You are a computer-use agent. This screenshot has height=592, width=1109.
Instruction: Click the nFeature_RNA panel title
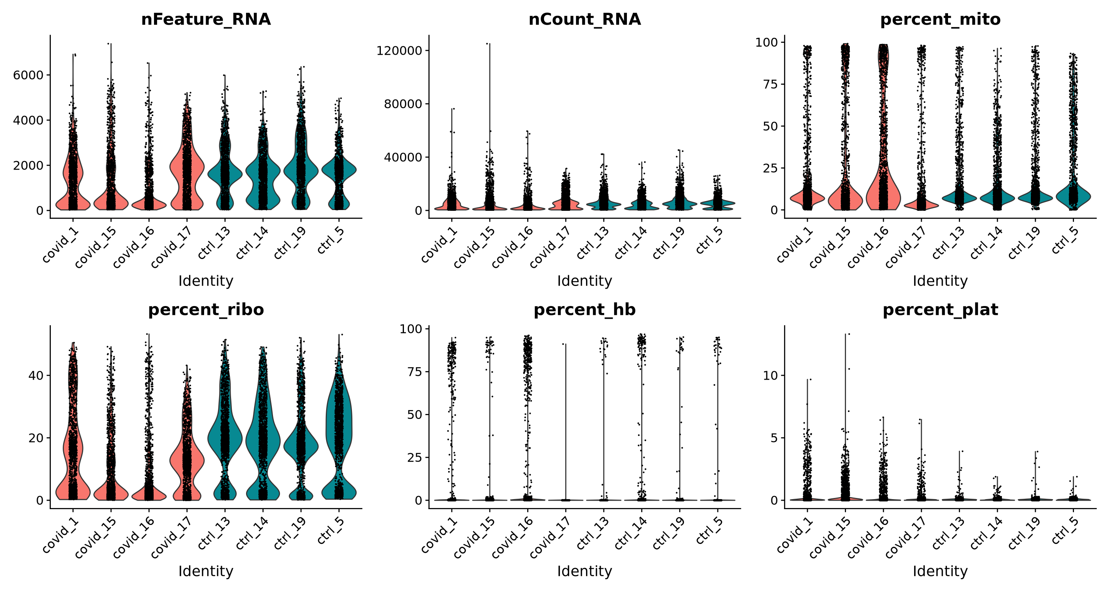[x=206, y=19]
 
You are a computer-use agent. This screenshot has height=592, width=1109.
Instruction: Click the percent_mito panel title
[x=940, y=19]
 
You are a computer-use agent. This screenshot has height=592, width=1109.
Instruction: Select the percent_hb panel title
[x=584, y=310]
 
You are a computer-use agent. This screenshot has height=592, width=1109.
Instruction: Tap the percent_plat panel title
[x=940, y=310]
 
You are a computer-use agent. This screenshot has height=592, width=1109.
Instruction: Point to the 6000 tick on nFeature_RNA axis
[x=28, y=76]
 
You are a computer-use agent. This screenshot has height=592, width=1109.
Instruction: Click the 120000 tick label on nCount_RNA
[x=399, y=51]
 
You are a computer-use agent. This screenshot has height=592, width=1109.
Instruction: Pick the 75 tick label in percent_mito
[x=771, y=84]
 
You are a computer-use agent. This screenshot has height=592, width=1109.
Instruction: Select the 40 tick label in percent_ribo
[x=36, y=376]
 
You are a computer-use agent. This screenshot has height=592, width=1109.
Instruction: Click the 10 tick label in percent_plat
[x=771, y=376]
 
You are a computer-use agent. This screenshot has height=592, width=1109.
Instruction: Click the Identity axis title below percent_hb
[x=584, y=571]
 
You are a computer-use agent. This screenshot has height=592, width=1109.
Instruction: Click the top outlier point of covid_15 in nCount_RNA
[x=489, y=44]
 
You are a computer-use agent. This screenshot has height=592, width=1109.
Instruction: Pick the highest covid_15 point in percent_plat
[x=849, y=334]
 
